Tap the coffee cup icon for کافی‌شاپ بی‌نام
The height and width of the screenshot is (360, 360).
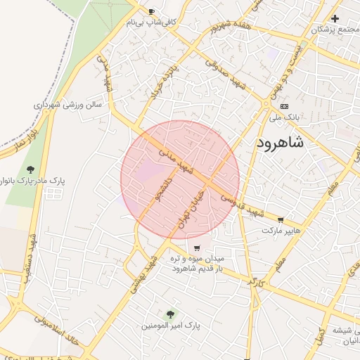click(x=152, y=12)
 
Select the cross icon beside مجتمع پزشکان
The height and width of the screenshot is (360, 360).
click(x=335, y=18)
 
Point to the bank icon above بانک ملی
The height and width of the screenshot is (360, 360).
click(x=283, y=105)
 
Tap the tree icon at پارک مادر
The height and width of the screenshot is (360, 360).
click(x=30, y=169)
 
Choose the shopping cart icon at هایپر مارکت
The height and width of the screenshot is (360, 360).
click(x=281, y=220)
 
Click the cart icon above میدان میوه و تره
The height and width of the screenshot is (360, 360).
click(x=196, y=247)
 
